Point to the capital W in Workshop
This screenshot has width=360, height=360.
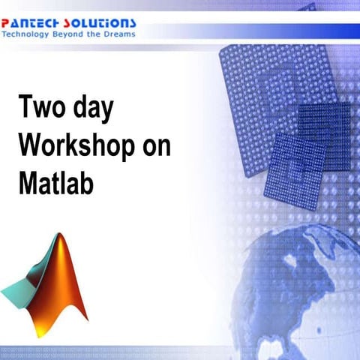(30, 146)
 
